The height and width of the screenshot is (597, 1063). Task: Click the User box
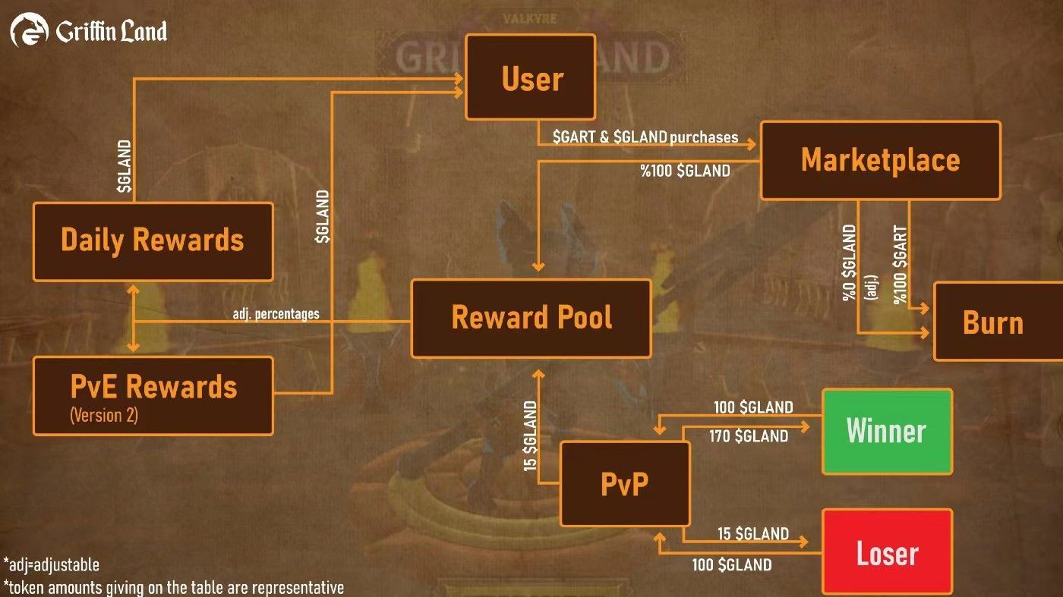pos(530,77)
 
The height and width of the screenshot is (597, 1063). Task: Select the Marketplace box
pos(880,160)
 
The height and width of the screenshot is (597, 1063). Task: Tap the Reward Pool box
pos(531,318)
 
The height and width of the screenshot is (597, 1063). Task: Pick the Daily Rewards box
pos(153,240)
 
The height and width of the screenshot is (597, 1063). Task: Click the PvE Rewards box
pos(153,395)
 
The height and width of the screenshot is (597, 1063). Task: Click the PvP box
pos(625,483)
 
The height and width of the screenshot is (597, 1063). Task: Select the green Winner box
pos(886,431)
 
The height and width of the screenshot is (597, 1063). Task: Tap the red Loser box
pos(887,551)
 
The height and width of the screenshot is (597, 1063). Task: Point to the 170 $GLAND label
pos(749,436)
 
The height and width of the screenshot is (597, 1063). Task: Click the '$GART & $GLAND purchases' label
pos(645,137)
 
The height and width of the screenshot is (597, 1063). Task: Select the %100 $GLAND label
pos(685,171)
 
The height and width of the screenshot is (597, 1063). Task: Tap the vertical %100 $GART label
pos(901,264)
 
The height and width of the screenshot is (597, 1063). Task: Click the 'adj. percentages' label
pos(276,313)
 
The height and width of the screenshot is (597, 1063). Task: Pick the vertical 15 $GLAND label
pos(531,436)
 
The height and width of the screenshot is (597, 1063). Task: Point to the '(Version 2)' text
pos(104,416)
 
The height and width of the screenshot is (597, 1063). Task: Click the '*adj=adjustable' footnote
pos(52,564)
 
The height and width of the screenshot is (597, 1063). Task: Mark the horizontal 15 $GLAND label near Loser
pos(753,534)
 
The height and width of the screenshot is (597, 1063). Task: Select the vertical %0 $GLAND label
pos(850,262)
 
